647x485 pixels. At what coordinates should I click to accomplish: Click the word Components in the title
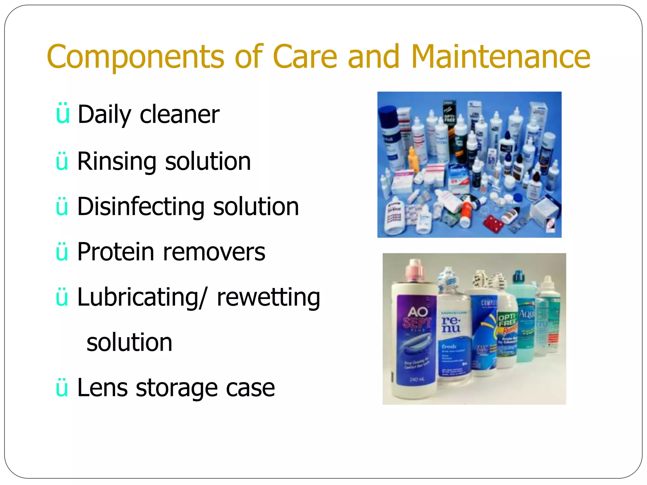point(136,57)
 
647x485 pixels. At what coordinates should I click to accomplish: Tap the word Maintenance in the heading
point(501,57)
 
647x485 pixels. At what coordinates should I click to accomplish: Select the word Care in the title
point(305,57)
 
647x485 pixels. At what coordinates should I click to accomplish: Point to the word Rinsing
point(117,162)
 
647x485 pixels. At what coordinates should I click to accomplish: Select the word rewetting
point(268,297)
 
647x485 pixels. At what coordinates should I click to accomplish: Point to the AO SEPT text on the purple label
point(417,317)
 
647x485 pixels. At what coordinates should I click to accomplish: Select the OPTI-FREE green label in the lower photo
point(506,320)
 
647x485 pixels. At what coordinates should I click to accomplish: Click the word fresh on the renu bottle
point(449,346)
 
